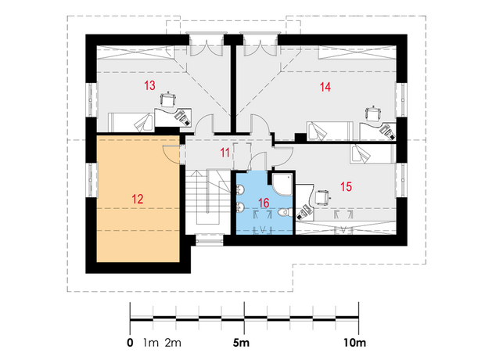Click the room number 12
pos(138,199)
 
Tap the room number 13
pos(149,85)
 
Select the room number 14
pos(325,87)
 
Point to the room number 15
pos(346,187)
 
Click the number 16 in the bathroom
pos(264,203)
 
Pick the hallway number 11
pos(225,153)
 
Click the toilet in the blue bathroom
pos(285,213)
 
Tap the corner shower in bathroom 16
pos(282,184)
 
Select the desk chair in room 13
pos(168,99)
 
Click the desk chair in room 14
pos(372,114)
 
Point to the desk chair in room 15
pos(323,197)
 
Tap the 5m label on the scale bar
pos(241,343)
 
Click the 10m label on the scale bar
pos(354,343)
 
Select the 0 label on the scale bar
pos(130,343)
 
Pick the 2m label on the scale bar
pos(173,343)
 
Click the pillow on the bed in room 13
pos(143,122)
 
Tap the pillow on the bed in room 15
pos(361,154)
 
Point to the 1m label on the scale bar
pos(151,343)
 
